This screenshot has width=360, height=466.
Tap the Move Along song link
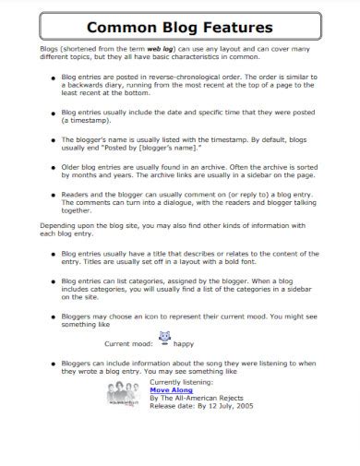(x=171, y=416)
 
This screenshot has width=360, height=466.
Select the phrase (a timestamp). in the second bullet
(x=84, y=120)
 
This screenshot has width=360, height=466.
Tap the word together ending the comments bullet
(x=79, y=209)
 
